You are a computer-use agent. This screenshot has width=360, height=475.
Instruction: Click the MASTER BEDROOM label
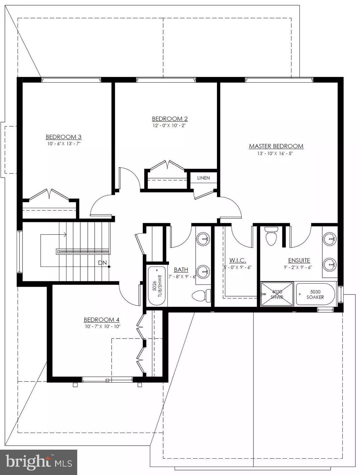(276, 146)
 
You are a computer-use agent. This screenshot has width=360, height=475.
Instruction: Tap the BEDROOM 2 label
(170, 119)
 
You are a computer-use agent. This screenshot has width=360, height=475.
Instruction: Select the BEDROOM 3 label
(63, 137)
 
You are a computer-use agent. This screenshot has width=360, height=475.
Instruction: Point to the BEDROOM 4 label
(102, 320)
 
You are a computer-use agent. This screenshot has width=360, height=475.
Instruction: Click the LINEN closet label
(203, 178)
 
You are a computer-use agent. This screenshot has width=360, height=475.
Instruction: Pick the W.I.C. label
(238, 260)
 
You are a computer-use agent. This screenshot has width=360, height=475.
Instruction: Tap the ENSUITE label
(299, 260)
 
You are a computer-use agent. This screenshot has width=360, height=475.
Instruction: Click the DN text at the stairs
(102, 263)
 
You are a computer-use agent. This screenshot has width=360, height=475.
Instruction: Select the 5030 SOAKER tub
(315, 294)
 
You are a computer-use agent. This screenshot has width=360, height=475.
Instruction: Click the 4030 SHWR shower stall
(277, 294)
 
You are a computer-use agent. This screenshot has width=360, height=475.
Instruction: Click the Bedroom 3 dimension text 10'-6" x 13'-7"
(64, 144)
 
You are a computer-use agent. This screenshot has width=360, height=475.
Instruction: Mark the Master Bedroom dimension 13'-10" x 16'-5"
(276, 153)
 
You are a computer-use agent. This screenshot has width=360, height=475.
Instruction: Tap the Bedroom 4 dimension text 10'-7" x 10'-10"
(102, 327)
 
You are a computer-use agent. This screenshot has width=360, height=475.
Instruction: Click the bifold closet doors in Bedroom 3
(49, 195)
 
